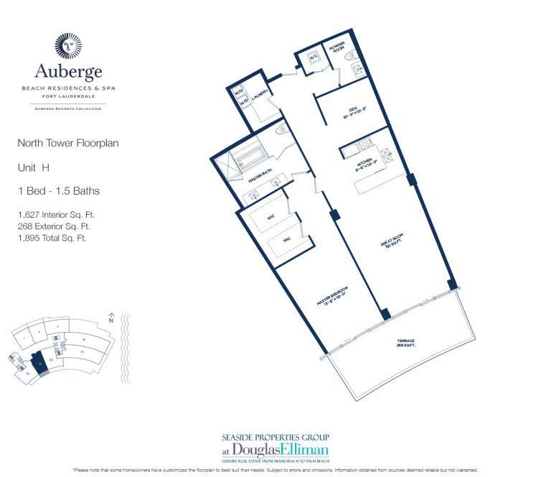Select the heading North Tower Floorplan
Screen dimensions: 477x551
(x=68, y=144)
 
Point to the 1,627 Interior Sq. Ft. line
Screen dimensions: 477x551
(x=57, y=214)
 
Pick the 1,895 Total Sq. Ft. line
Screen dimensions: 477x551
(x=52, y=238)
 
